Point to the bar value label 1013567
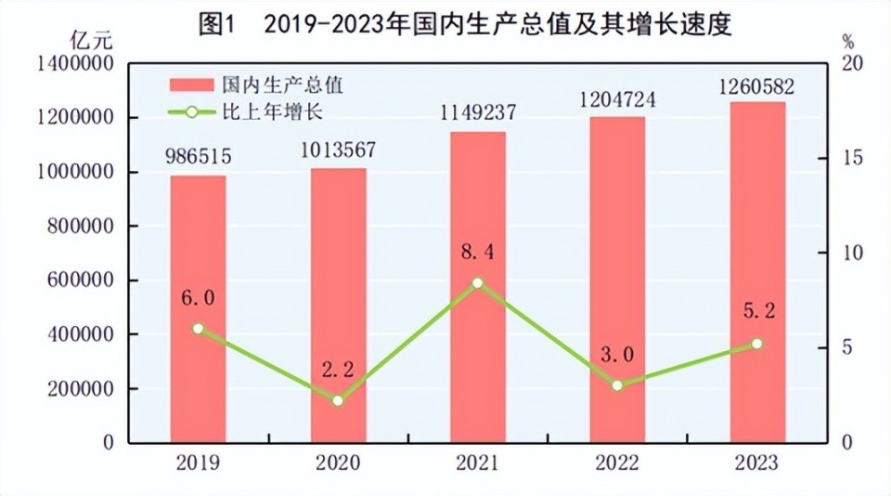click(x=338, y=150)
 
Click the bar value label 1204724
click(x=617, y=99)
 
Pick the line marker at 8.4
click(x=477, y=282)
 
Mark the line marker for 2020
click(x=338, y=400)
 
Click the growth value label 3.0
click(x=617, y=354)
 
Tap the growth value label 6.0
click(x=198, y=297)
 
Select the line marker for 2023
click(x=757, y=344)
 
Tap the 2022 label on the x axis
click(x=617, y=462)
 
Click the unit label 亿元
click(x=91, y=40)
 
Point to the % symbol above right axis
click(x=847, y=41)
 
